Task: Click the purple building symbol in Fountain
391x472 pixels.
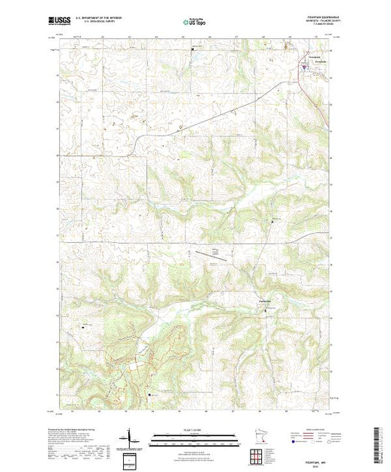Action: (x=304, y=67)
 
